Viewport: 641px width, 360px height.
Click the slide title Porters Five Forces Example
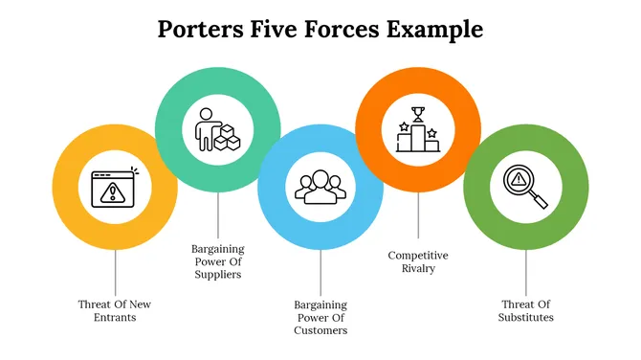[320, 29]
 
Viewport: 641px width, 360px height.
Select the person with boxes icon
[217, 130]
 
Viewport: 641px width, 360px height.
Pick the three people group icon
[320, 187]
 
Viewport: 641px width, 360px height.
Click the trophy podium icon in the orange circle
[417, 130]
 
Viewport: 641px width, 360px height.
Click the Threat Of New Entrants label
[115, 310]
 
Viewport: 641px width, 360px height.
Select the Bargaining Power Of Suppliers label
[217, 260]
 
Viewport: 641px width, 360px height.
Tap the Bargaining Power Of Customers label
[320, 318]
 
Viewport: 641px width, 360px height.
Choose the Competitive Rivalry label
[417, 261]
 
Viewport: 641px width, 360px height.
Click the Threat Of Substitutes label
[525, 310]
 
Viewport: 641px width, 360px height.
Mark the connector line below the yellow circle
[115, 273]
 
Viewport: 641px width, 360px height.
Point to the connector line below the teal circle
[217, 215]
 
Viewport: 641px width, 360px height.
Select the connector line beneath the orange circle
[417, 215]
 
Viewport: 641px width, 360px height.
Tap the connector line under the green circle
[525, 273]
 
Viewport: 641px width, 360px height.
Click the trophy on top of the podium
[417, 115]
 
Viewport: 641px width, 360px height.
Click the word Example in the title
[433, 29]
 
